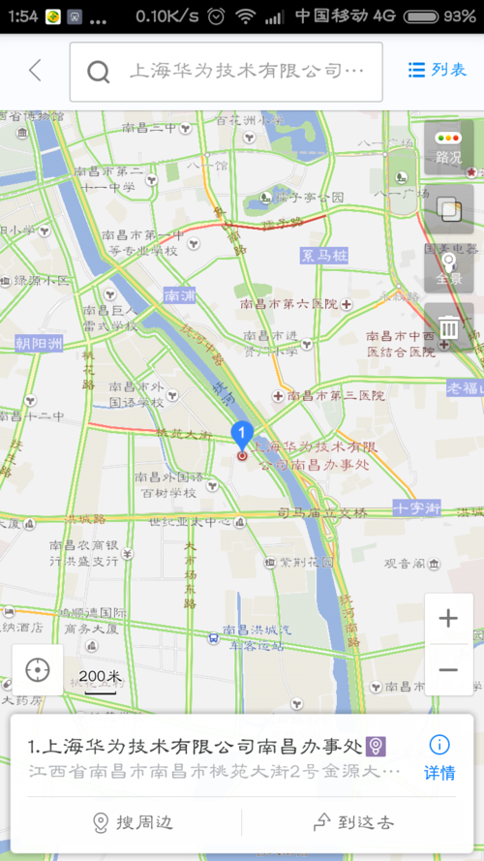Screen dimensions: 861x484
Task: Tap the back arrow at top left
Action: click(x=36, y=70)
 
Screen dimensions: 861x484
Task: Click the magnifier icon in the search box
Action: click(x=98, y=72)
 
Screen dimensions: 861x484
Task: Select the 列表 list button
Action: click(x=438, y=70)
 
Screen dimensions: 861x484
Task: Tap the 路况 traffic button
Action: click(x=448, y=147)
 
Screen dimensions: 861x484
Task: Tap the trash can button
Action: click(x=448, y=326)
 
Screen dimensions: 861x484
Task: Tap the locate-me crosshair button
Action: click(x=38, y=669)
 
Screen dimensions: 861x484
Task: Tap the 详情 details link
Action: click(x=439, y=757)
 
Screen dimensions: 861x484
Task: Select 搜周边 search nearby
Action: click(x=133, y=823)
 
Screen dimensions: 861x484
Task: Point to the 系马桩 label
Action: click(x=323, y=256)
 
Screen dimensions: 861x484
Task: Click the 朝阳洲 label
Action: click(x=37, y=343)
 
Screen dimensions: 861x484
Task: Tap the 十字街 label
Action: click(x=417, y=507)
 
